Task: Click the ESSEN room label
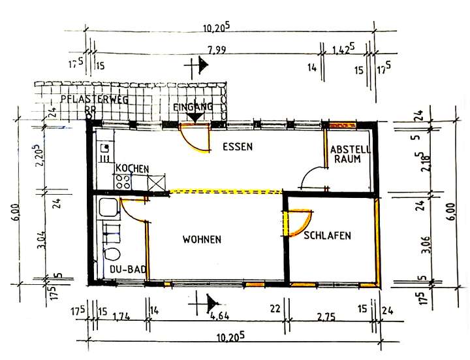tap(237, 146)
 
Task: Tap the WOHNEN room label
tap(202, 240)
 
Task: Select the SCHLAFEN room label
tap(328, 235)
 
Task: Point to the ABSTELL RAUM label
tap(351, 154)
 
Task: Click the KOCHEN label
tap(133, 169)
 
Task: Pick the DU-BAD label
tap(127, 269)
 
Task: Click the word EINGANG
tap(193, 106)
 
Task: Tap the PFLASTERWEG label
tap(93, 100)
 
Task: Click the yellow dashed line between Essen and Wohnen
tap(225, 192)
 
